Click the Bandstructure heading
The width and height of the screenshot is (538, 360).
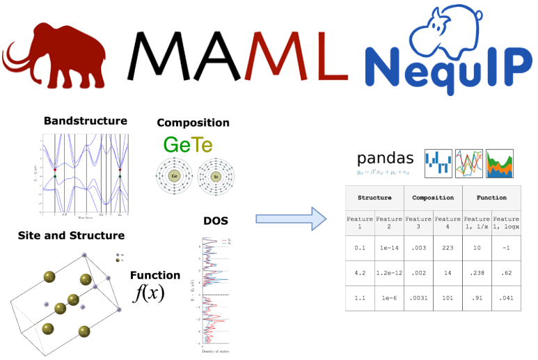[85, 120]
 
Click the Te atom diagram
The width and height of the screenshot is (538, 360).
[216, 176]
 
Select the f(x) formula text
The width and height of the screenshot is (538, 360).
[148, 292]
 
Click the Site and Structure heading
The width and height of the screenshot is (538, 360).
[71, 235]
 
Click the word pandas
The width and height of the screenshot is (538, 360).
[385, 157]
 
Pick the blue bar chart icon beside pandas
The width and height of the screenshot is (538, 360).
[438, 162]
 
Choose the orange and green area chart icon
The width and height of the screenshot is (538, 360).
[499, 162]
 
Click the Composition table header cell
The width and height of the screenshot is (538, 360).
[433, 198]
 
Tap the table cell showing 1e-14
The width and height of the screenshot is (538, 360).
[389, 247]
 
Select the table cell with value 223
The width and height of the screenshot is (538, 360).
[448, 247]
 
